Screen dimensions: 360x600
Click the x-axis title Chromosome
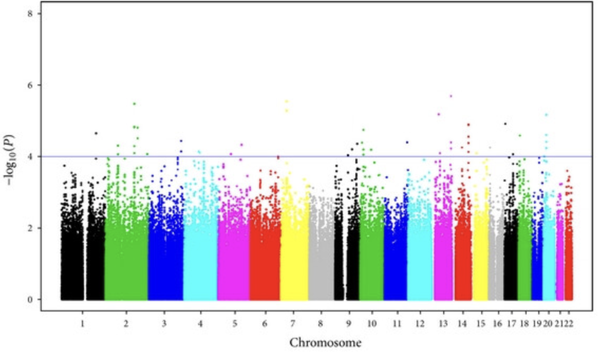(x=325, y=343)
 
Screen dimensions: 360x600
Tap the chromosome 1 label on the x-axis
(x=82, y=323)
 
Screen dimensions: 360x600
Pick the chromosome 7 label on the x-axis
(x=293, y=323)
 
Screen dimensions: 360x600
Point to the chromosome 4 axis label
(x=200, y=323)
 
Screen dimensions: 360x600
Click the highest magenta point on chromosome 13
(x=451, y=96)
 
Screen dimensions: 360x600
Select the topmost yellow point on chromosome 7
(x=286, y=101)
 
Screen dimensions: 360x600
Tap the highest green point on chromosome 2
(x=134, y=104)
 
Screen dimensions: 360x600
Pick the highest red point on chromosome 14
(x=468, y=125)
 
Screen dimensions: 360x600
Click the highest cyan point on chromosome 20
(x=546, y=115)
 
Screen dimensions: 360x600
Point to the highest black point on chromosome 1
(x=96, y=134)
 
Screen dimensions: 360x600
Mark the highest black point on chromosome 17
(x=505, y=124)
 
